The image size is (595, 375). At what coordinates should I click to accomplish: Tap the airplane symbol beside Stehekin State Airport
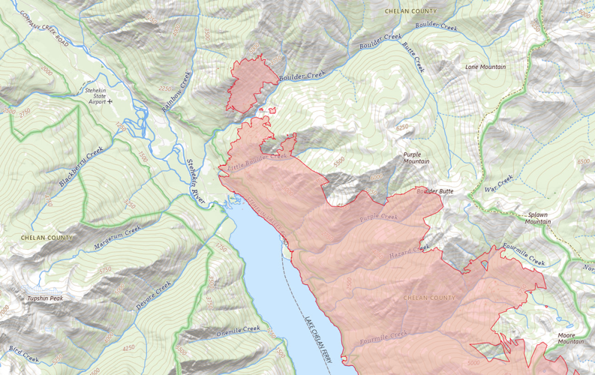[110, 100]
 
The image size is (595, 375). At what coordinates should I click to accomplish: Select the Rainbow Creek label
[177, 91]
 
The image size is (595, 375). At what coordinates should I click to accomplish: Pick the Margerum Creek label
[118, 238]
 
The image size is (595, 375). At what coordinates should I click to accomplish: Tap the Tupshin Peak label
[45, 298]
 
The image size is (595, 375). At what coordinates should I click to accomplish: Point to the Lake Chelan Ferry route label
[317, 341]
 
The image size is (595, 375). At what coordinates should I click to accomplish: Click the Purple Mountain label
[416, 157]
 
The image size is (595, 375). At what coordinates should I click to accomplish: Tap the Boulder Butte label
[435, 192]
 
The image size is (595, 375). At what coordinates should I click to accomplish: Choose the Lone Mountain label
[485, 67]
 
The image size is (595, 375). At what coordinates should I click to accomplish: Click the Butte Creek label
[413, 56]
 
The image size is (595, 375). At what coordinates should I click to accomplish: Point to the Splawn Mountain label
[537, 217]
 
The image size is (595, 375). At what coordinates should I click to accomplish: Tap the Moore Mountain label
[570, 337]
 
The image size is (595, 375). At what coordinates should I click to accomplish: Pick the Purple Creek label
[378, 217]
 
